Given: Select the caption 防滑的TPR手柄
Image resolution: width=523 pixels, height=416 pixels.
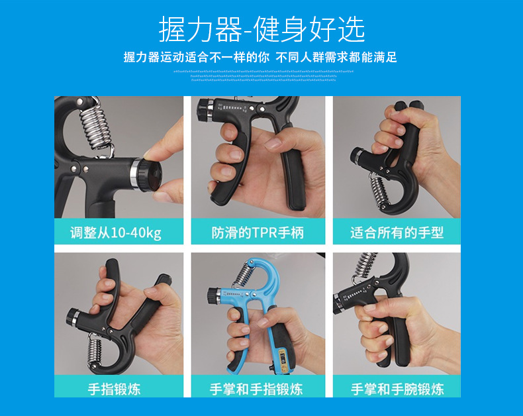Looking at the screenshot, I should pos(258,233).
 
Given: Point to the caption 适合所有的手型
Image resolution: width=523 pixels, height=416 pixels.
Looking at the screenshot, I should pos(397,233).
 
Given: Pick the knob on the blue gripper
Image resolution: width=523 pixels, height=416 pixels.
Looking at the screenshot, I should pos(213,293).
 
